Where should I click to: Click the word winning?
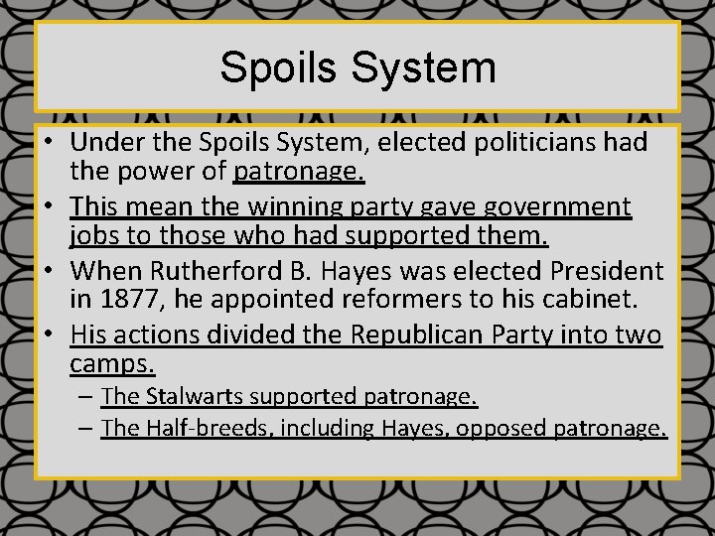(288, 206)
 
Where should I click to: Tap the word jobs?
(92, 237)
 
